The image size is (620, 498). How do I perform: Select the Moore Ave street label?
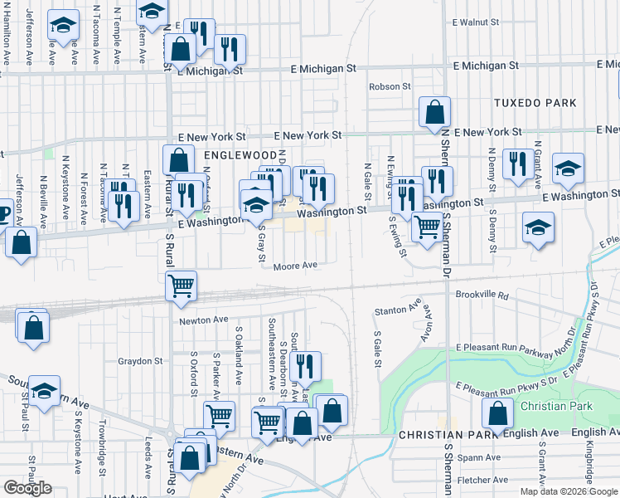297,266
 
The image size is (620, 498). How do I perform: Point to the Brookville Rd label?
480,295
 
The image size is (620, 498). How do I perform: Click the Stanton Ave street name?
391,310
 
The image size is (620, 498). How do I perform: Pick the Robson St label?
390,86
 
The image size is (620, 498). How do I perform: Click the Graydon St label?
139,361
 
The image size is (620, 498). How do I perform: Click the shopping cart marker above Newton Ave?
181,286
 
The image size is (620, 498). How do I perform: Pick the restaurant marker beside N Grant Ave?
518,164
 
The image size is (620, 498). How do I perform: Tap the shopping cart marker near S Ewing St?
427,227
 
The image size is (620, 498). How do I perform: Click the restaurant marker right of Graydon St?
305,365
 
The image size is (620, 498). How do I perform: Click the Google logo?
27,488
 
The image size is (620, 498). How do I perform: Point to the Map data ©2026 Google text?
568,491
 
